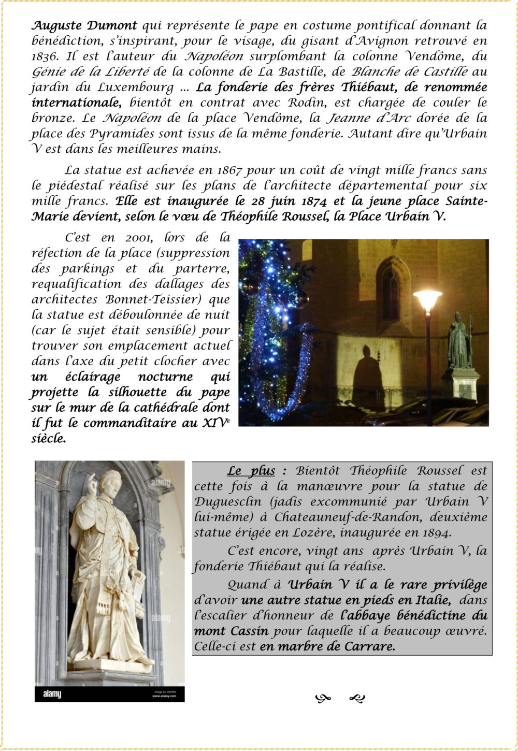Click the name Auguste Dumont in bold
pyautogui.click(x=84, y=25)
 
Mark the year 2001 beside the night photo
pyautogui.click(x=139, y=238)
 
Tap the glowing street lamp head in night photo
pyautogui.click(x=427, y=300)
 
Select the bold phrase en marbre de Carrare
pyautogui.click(x=327, y=647)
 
